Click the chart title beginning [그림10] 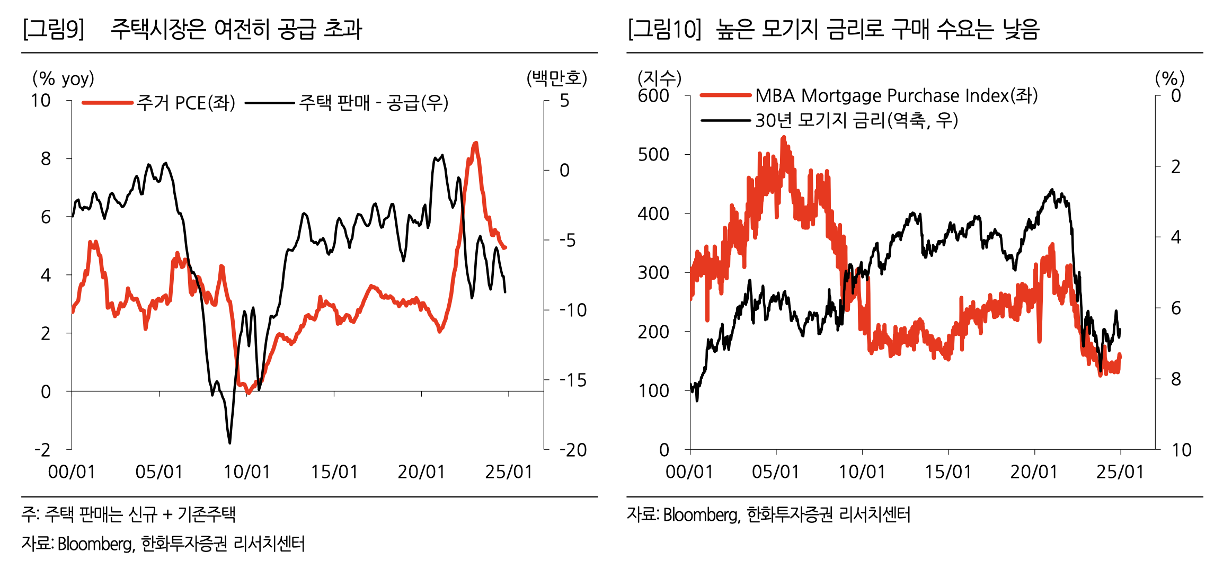(x=833, y=29)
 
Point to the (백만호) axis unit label (x=556, y=78)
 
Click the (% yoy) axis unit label (x=63, y=78)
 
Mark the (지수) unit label (x=659, y=78)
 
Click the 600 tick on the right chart (x=653, y=96)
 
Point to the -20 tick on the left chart (x=573, y=450)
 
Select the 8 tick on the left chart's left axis (x=46, y=158)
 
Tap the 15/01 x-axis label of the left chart (x=334, y=472)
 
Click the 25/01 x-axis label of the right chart (x=1120, y=472)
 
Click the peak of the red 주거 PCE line (x=475, y=143)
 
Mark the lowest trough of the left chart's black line (x=229, y=442)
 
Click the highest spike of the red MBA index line (x=783, y=137)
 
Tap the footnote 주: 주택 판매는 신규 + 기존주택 (x=128, y=514)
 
